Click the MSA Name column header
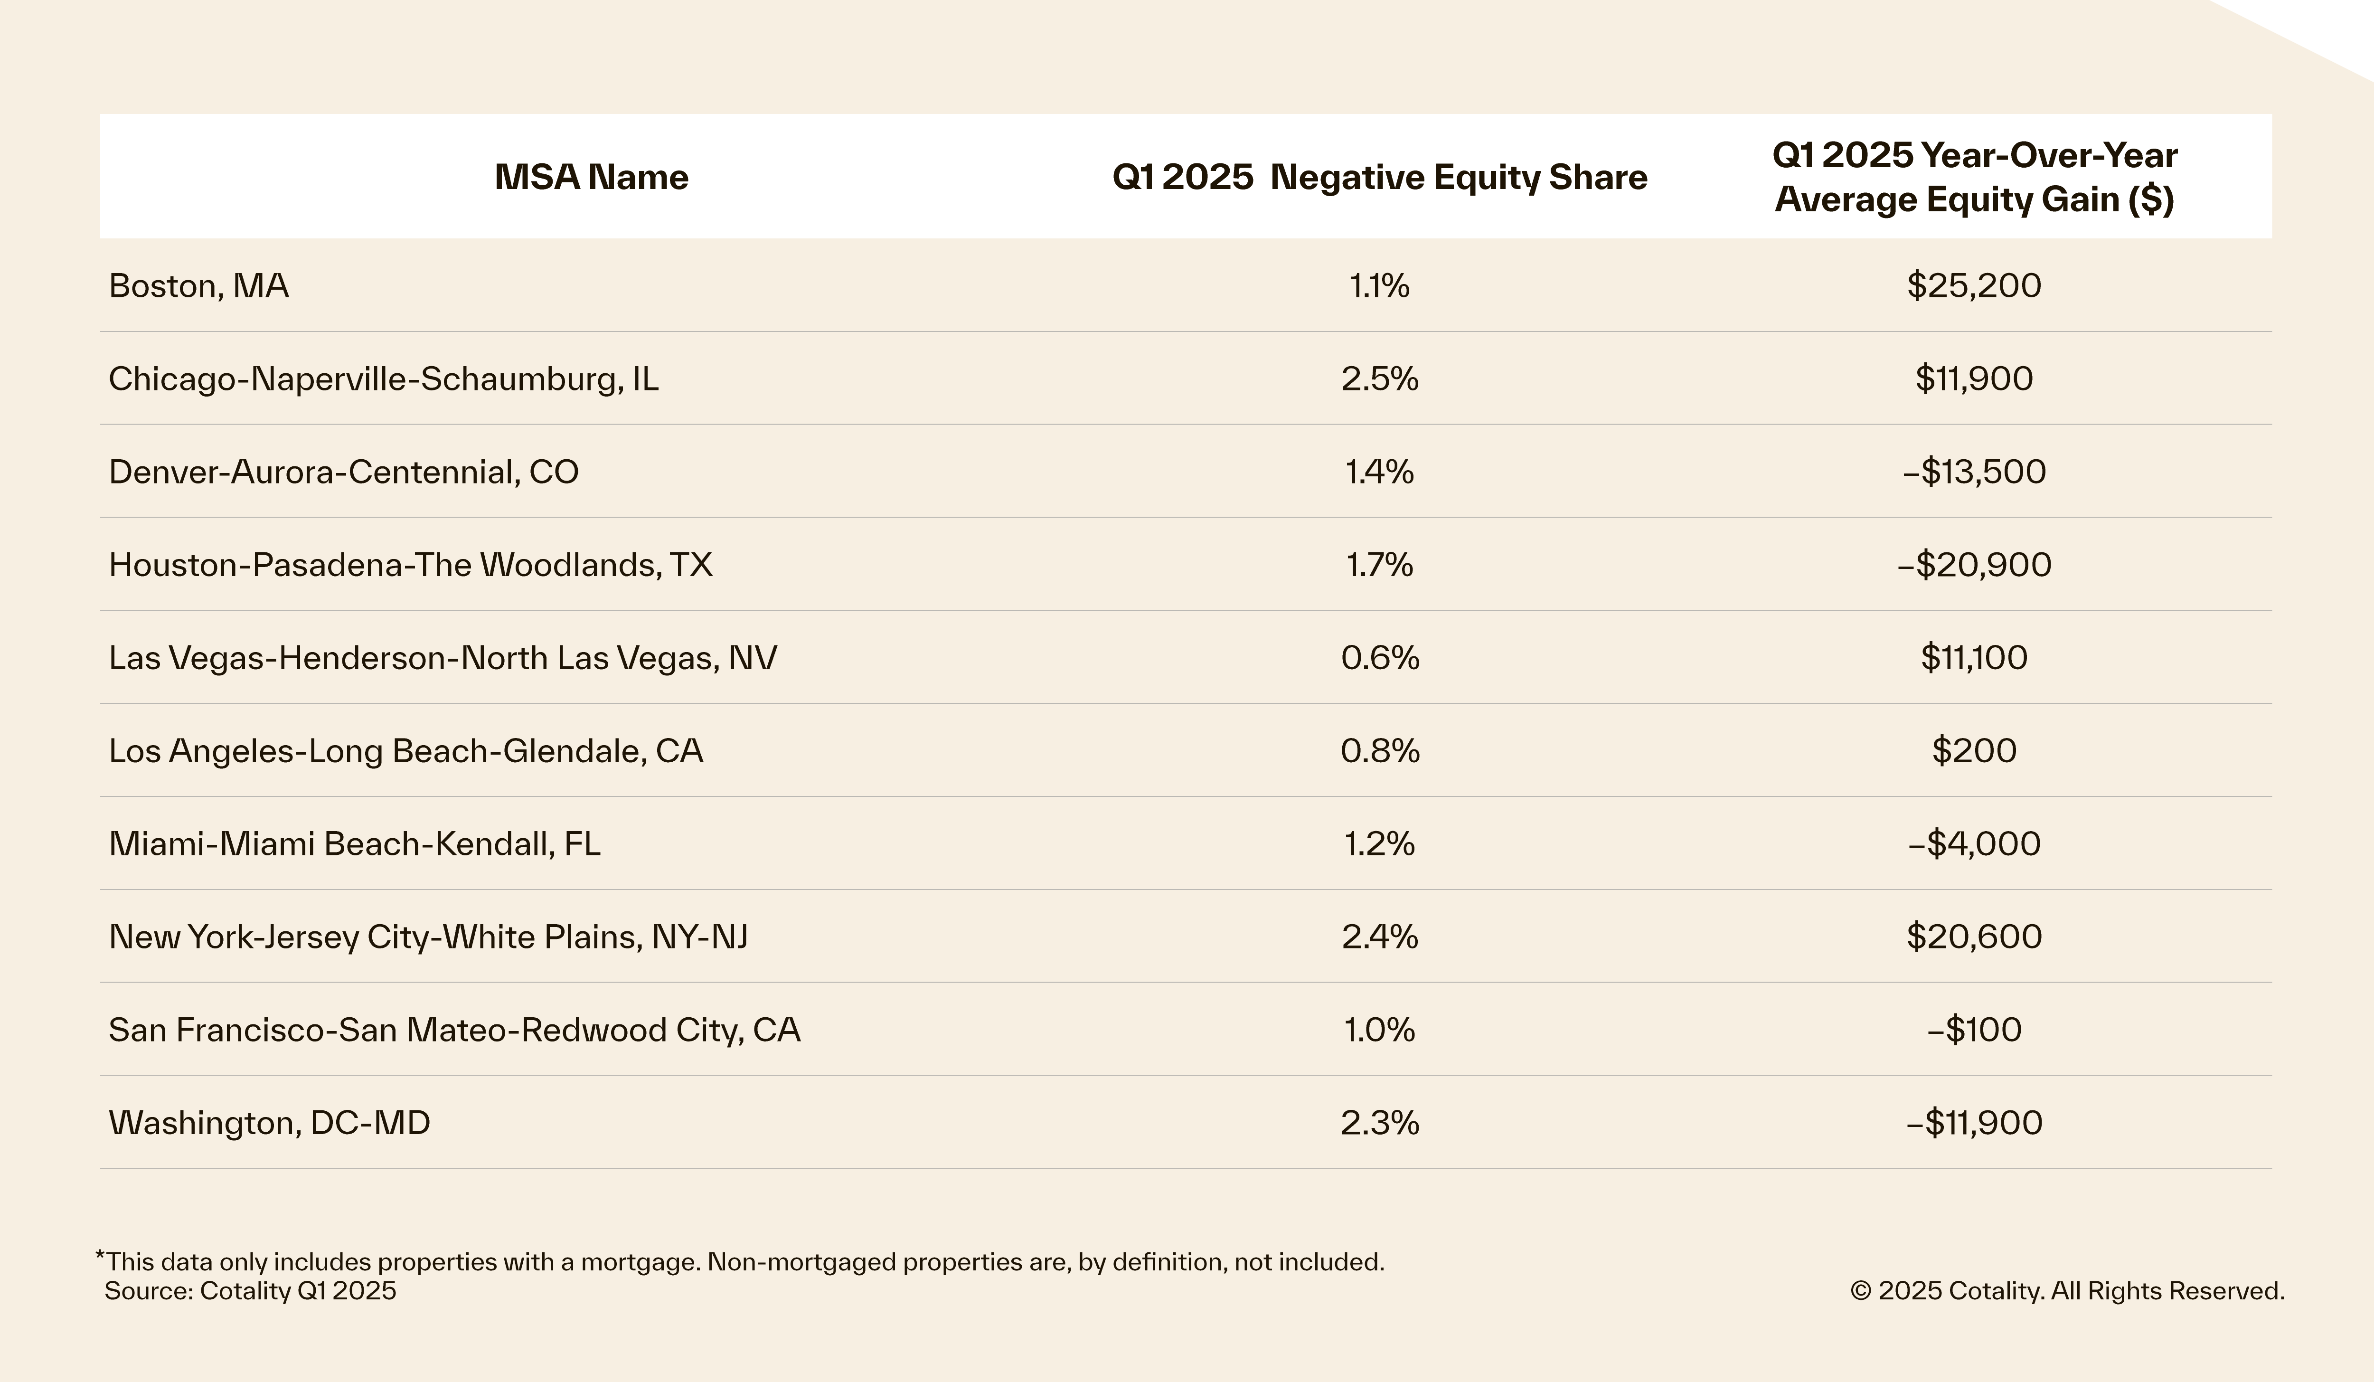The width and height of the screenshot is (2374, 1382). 592,177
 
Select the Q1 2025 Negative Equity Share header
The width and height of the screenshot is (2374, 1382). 1379,177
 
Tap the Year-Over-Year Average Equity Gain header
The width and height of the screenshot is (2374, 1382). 1975,177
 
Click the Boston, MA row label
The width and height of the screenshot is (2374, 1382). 199,285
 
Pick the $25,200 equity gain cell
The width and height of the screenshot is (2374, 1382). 1974,285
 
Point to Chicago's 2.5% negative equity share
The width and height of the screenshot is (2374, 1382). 1379,379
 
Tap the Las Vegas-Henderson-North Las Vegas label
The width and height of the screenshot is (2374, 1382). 443,658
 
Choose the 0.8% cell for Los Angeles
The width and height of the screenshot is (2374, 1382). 1379,751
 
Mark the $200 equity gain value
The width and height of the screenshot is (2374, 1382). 1974,751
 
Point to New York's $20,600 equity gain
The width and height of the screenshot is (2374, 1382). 1974,937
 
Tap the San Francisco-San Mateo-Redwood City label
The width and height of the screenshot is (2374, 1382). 454,1030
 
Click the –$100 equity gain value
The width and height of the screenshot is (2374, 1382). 1974,1030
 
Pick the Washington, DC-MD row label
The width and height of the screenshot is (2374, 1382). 269,1123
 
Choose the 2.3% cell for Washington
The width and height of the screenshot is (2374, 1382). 1379,1123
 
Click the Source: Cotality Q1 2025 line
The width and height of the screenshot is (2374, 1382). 251,1291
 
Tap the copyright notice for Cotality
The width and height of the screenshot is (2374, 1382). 2067,1291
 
